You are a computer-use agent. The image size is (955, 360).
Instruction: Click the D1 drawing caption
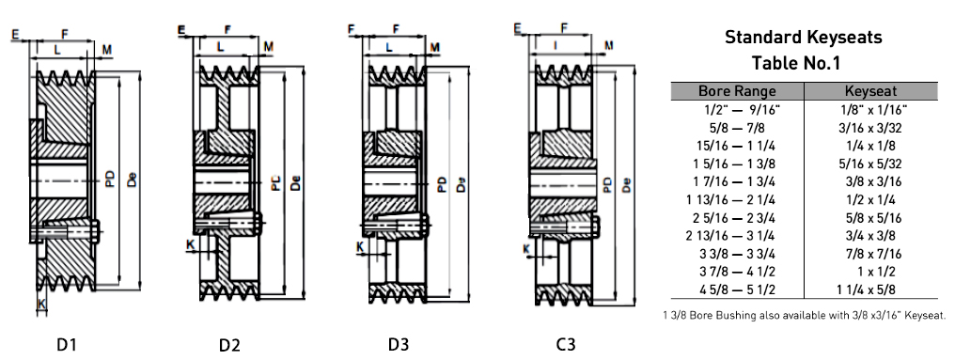tap(67, 345)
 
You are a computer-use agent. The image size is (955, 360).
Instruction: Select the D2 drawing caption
tap(229, 346)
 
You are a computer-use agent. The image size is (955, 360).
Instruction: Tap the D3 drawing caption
tap(399, 345)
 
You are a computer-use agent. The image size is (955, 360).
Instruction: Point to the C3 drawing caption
tap(566, 345)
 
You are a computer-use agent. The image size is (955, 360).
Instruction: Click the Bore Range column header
tap(737, 91)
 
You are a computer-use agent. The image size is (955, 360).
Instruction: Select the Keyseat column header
tap(871, 91)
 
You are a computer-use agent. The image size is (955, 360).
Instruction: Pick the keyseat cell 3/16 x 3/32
tap(870, 128)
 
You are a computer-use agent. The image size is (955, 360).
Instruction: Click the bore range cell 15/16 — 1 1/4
tap(738, 147)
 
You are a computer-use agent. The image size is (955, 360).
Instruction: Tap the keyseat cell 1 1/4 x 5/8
tap(869, 290)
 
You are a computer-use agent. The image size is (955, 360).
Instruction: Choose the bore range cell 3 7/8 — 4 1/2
tap(738, 272)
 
